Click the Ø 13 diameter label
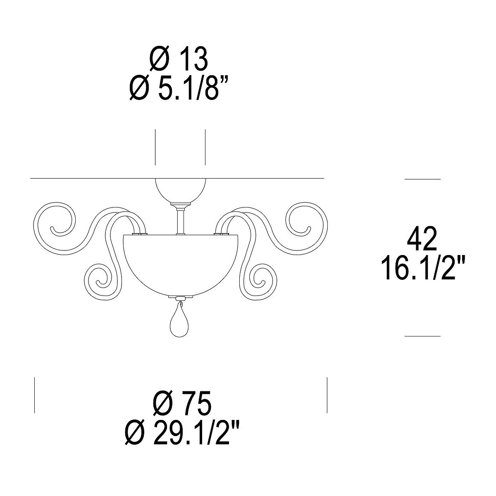tap(179, 59)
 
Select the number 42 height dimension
tap(422, 238)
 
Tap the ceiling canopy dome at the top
tap(181, 191)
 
